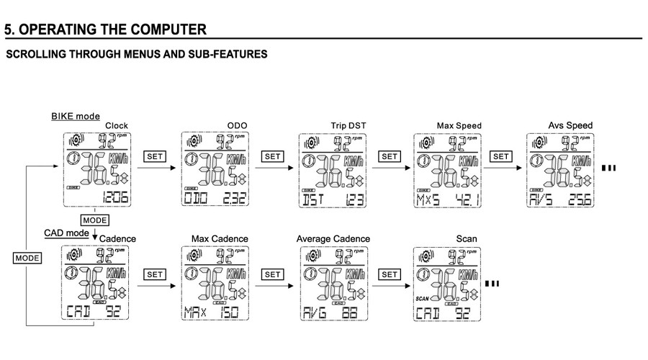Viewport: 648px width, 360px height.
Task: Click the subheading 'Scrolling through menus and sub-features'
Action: (136, 54)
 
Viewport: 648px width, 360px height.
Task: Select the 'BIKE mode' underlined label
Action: (75, 116)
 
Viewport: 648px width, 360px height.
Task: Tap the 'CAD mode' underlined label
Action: (66, 233)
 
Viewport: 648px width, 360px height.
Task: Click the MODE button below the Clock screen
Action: (95, 219)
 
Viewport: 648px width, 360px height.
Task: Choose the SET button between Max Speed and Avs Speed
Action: (501, 156)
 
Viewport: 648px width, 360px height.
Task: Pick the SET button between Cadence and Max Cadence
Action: (156, 274)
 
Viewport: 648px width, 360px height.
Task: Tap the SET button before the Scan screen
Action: (390, 274)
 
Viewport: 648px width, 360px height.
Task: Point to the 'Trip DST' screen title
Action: (348, 125)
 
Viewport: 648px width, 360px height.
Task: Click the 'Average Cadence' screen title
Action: (333, 238)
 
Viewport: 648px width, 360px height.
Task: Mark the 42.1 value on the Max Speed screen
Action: (467, 198)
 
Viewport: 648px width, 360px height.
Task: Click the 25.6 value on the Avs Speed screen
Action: (580, 198)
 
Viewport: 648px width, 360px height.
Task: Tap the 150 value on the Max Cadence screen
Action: (230, 312)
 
